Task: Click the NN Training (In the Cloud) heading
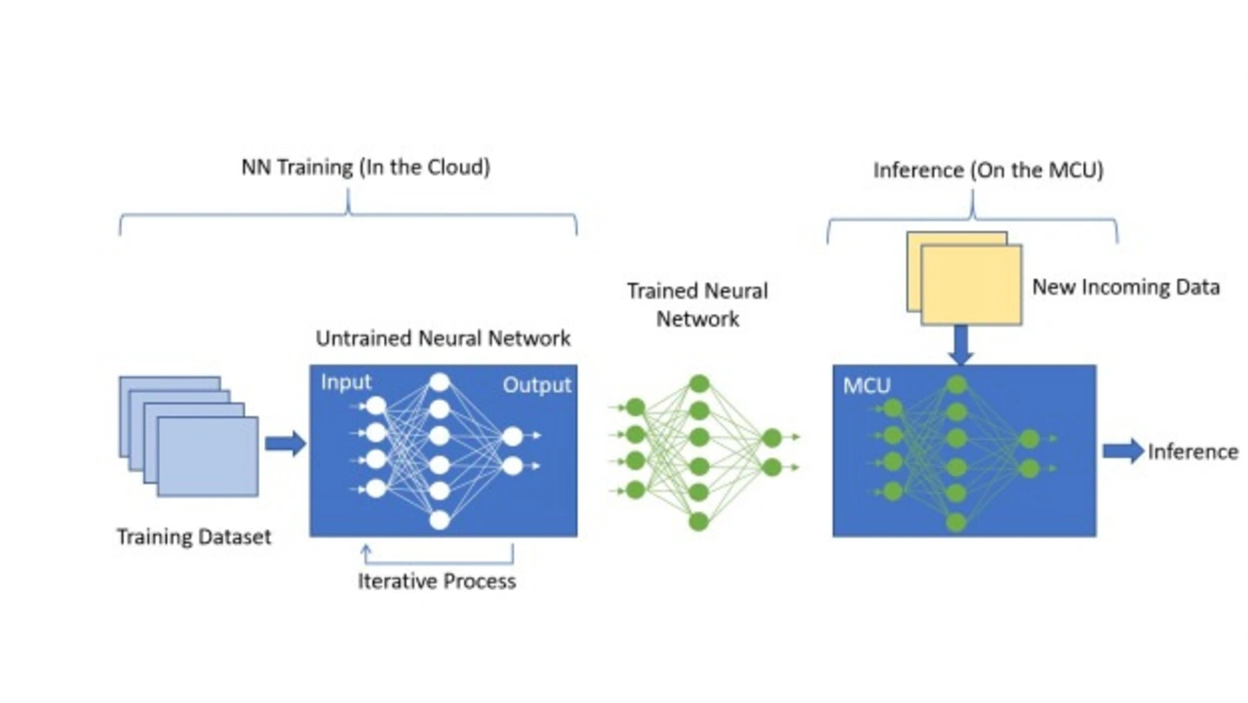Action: (x=366, y=168)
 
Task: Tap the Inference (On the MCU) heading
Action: (x=988, y=171)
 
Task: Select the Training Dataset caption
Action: (x=194, y=536)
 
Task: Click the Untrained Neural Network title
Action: (x=443, y=339)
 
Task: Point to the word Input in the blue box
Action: (x=346, y=382)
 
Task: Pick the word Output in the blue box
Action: (x=536, y=385)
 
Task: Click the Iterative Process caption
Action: (x=436, y=582)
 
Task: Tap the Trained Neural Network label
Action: (x=697, y=304)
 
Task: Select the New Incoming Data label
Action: (x=1125, y=288)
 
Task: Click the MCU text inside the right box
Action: (x=867, y=385)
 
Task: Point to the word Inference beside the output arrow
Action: (x=1192, y=451)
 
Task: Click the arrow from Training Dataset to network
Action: (x=285, y=444)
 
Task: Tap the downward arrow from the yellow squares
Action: (x=960, y=344)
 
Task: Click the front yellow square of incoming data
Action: (x=971, y=285)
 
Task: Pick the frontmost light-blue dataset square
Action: (x=208, y=456)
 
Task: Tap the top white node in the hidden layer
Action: (x=440, y=382)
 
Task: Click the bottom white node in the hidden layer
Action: (x=440, y=520)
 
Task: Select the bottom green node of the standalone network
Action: (x=698, y=522)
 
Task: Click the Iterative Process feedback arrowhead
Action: (x=367, y=551)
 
